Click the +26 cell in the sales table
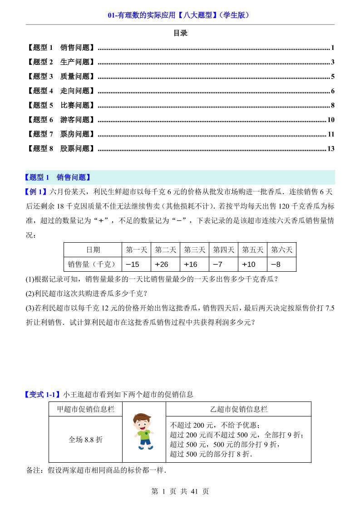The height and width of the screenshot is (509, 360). point(162,264)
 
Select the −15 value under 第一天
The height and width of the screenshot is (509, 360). point(133,264)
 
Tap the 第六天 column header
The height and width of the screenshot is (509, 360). point(281,250)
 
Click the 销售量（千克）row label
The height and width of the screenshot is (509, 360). point(93,264)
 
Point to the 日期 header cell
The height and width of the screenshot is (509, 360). point(93,250)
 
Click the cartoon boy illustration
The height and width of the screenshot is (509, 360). point(144,431)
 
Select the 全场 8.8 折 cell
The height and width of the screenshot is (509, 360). point(85,440)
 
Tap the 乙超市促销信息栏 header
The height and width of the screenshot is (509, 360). point(238,409)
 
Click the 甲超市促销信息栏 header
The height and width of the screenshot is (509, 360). point(85,409)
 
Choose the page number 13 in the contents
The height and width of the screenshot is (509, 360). point(330,149)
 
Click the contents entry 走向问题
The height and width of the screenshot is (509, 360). point(75,91)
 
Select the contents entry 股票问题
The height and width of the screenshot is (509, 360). point(75,149)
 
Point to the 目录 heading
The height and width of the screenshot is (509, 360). point(180,33)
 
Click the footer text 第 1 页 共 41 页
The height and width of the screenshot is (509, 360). point(180,491)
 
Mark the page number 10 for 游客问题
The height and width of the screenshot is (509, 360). point(330,120)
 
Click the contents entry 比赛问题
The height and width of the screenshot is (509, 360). point(75,105)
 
